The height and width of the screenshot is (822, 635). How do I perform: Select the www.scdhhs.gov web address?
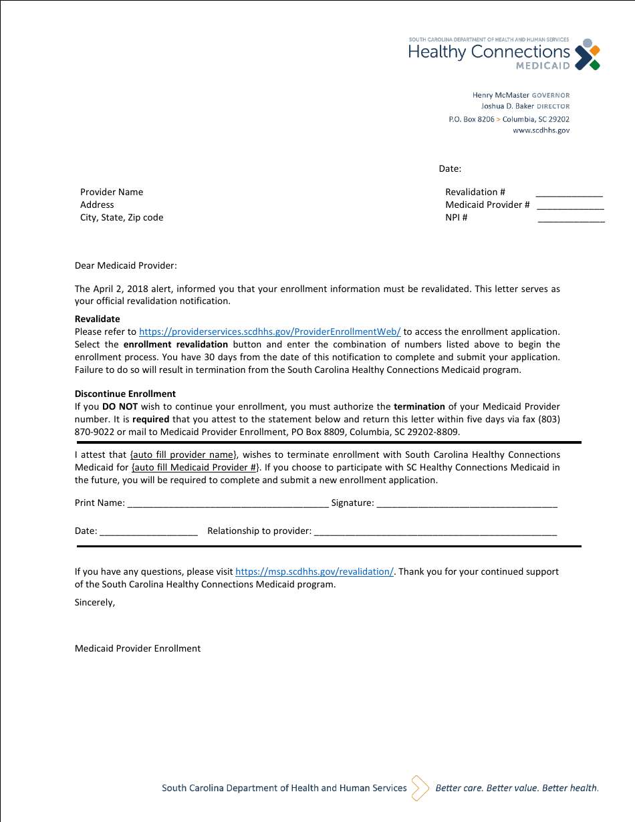pos(541,131)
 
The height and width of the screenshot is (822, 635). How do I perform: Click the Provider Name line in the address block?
pos(112,192)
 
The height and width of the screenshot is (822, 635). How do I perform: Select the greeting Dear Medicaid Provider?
pos(126,266)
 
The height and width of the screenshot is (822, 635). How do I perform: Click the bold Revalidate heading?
pos(98,319)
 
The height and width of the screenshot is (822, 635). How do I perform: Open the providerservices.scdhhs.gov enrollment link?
pos(269,332)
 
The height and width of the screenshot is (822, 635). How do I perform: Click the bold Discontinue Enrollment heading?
pos(125,394)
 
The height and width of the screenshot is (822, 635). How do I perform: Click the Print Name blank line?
pos(227,504)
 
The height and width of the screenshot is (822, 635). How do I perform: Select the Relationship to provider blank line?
pos(434,532)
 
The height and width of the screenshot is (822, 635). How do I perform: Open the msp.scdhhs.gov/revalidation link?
pos(315,572)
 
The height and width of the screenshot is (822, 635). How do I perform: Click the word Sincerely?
pos(94,603)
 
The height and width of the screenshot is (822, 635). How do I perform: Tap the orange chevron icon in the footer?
pos(420,788)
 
